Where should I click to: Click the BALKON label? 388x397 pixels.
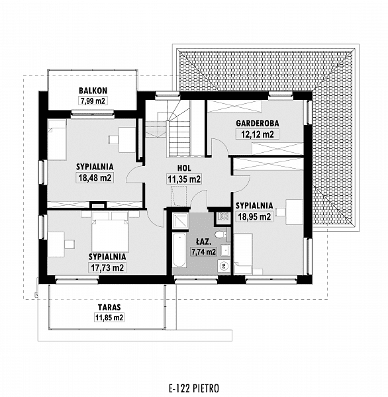[x=93, y=91]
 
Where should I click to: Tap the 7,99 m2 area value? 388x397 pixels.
[x=93, y=101]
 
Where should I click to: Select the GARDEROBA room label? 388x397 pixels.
[x=258, y=123]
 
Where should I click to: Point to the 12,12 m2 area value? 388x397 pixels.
[x=258, y=134]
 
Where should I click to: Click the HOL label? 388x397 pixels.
[x=184, y=168]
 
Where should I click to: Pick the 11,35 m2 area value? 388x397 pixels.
[x=184, y=179]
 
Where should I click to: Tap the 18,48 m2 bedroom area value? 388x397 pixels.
[x=95, y=177]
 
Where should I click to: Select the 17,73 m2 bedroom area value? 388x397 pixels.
[x=107, y=267]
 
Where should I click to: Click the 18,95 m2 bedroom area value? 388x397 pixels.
[x=254, y=216]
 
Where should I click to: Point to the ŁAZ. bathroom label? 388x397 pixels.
[x=204, y=242]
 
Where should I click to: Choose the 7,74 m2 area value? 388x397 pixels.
[x=204, y=251]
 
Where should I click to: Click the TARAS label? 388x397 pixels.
[x=109, y=308]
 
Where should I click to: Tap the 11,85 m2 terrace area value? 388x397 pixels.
[x=109, y=318]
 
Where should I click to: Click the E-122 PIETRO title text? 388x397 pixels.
[x=194, y=388]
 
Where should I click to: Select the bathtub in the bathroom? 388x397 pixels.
[x=179, y=250]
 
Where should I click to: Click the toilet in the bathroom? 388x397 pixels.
[x=222, y=234]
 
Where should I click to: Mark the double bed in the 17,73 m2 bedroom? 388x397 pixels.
[x=109, y=232]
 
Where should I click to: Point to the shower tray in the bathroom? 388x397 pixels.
[x=180, y=221]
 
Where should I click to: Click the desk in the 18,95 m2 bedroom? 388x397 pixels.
[x=295, y=212]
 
